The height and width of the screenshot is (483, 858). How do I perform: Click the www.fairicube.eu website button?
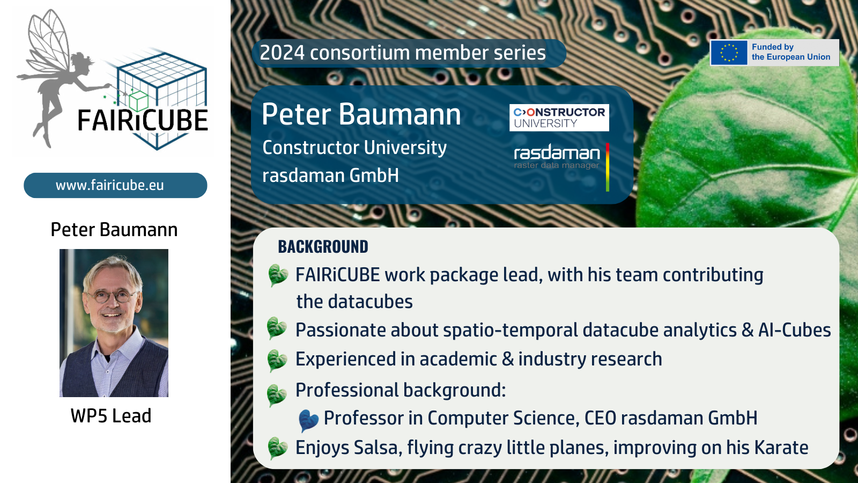click(115, 186)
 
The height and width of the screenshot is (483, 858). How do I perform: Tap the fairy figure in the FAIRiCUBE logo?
click(57, 77)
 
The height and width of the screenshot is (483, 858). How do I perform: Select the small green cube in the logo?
click(138, 101)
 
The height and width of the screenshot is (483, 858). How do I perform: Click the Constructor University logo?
click(559, 118)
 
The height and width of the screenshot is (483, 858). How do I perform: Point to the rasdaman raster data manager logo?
click(557, 157)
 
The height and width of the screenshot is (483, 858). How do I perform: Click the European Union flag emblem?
click(729, 53)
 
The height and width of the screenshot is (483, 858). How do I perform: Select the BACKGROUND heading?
click(323, 247)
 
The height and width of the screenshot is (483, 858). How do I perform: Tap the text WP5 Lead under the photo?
click(111, 416)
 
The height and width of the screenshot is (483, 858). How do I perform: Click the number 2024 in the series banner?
click(282, 53)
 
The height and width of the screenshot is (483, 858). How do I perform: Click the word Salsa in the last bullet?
click(378, 448)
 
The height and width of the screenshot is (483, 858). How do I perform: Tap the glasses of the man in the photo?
click(112, 296)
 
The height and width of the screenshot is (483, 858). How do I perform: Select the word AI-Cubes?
click(794, 330)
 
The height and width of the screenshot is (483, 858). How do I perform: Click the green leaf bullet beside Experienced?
click(277, 360)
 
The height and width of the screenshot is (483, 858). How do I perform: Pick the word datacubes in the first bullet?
click(371, 302)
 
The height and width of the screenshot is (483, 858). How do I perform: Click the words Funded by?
click(773, 47)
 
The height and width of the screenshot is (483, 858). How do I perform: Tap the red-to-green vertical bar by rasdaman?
click(608, 167)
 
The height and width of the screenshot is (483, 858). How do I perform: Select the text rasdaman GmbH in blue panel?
click(330, 175)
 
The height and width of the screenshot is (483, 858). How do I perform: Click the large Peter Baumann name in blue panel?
click(361, 114)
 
